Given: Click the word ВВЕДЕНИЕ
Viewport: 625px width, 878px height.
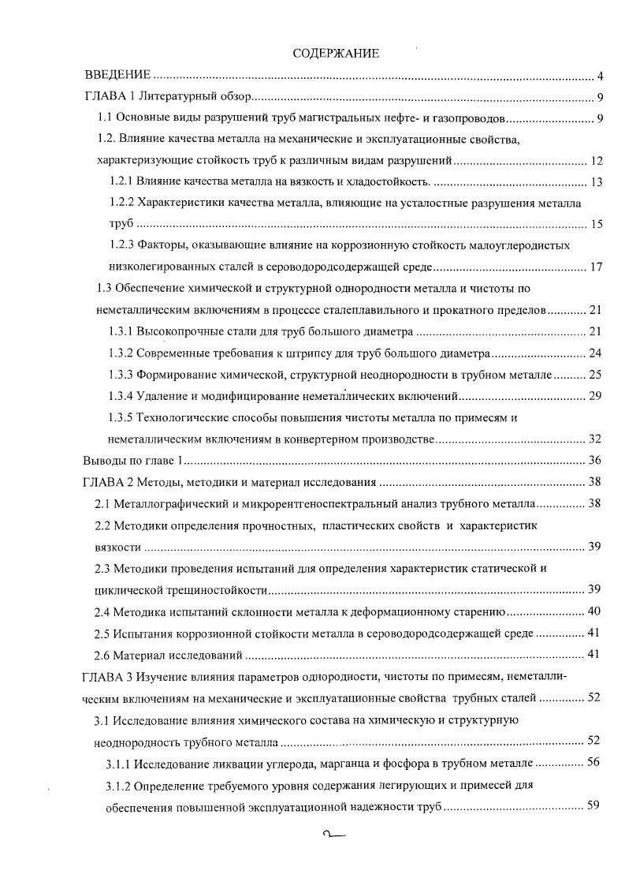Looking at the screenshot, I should point(117,76).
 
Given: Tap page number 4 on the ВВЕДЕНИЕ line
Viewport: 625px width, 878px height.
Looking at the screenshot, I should point(600,77).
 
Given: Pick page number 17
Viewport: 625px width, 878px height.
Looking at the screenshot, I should point(596,267).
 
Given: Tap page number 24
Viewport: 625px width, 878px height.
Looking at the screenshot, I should point(596,353).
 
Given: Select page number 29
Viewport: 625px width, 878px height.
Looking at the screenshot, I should point(596,395).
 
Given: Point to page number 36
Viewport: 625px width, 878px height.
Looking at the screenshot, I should point(596,460).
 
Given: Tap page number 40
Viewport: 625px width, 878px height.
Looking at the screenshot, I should point(596,611).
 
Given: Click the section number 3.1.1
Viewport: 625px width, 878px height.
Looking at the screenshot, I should point(118,764).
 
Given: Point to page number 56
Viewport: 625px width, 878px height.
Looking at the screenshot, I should point(596,764).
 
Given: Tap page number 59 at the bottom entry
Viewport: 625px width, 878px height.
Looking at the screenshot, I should point(596,807).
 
